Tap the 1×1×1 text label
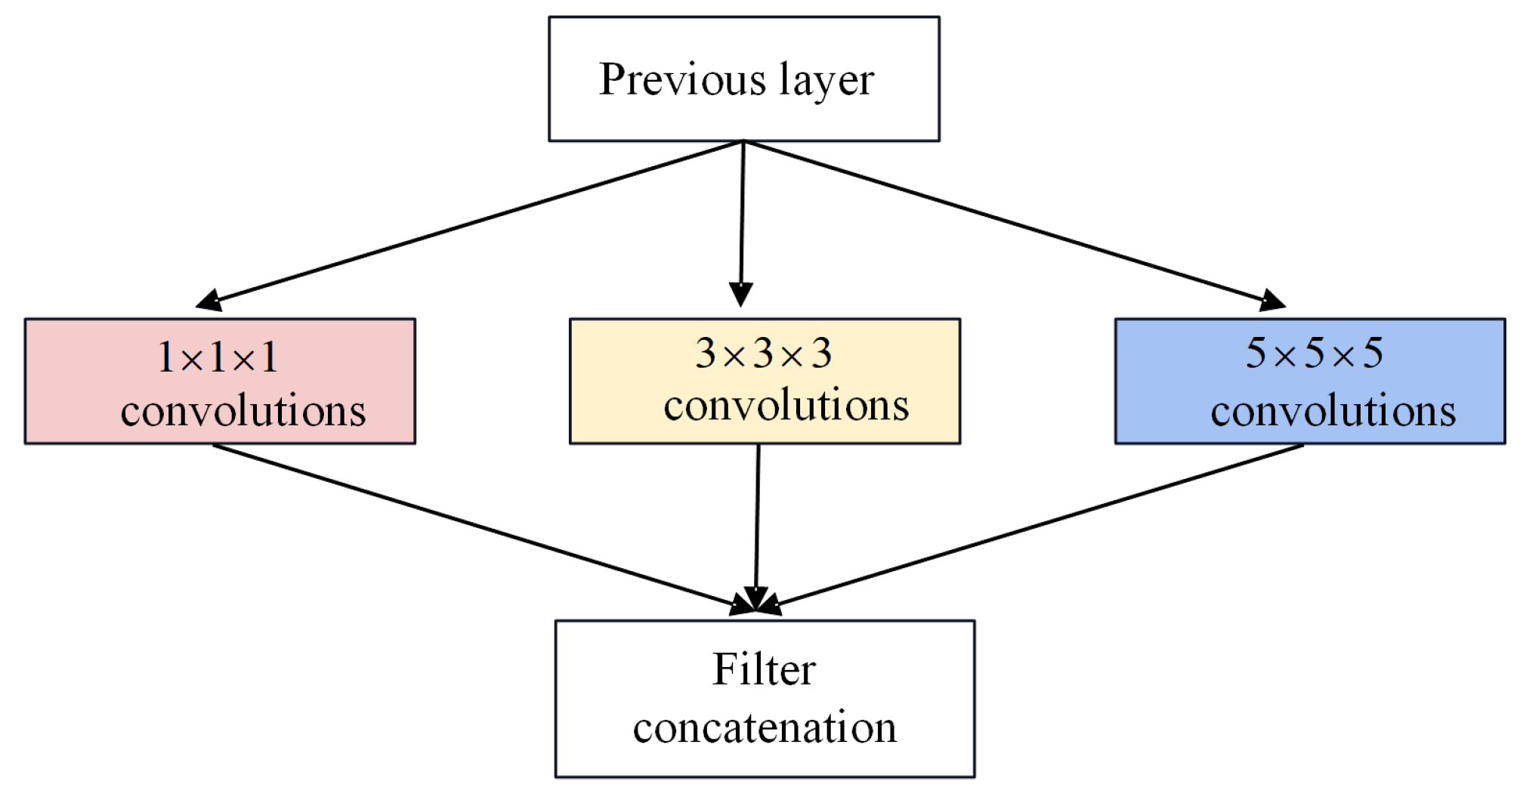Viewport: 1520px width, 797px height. [x=218, y=357]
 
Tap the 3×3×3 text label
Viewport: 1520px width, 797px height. [x=763, y=353]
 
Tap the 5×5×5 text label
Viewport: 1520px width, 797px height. [x=1314, y=353]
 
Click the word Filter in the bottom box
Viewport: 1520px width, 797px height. [x=764, y=669]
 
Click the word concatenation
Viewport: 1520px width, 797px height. [x=765, y=727]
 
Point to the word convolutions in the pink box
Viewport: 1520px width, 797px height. [x=243, y=411]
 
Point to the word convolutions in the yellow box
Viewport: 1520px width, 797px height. [x=786, y=406]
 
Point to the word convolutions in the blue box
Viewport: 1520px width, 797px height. [x=1333, y=411]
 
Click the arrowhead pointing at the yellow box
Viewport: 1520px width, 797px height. [x=740, y=293]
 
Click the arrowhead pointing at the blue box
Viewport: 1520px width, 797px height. [x=1272, y=301]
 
